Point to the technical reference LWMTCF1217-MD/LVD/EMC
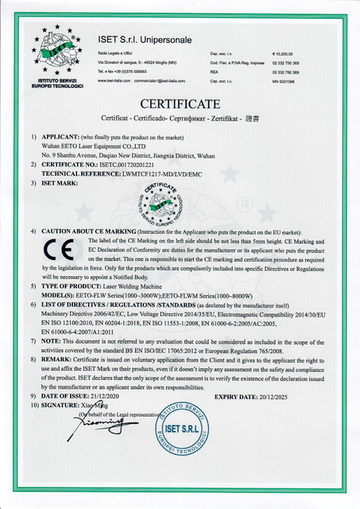coord(181,173)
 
